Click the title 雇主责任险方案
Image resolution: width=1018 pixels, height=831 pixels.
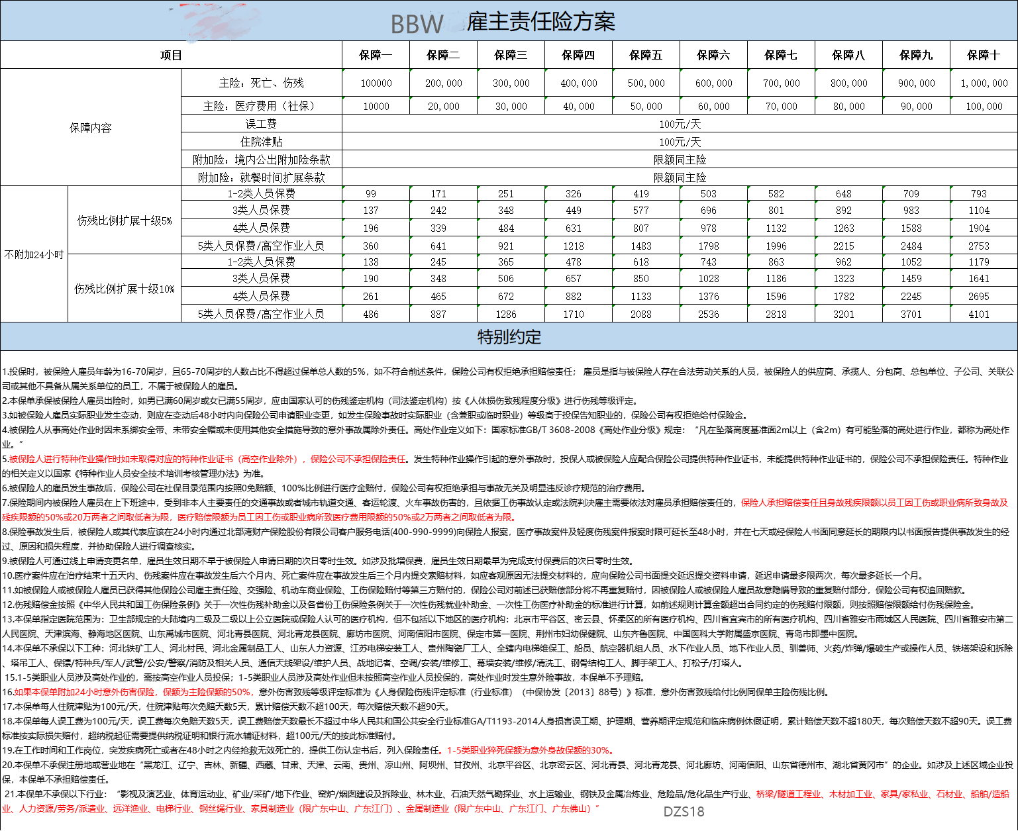540,22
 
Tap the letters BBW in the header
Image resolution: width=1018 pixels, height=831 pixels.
417,24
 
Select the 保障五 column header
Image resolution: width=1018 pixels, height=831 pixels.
646,55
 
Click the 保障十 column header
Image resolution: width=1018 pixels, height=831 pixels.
984,55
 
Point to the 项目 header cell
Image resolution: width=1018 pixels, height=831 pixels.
171,55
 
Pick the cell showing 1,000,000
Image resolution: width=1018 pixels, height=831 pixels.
984,83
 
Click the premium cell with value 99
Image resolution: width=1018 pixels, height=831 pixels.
371,194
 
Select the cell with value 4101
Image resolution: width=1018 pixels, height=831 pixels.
979,315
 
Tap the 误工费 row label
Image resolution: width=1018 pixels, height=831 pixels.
261,124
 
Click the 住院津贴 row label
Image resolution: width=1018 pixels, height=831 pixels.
261,142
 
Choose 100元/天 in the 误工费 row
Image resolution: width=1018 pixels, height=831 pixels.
680,124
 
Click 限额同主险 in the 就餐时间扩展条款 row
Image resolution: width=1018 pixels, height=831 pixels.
680,177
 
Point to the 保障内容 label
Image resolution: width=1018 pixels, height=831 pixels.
91,128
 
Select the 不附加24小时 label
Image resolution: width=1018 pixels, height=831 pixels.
34,254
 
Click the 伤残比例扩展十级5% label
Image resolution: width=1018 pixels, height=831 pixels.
125,220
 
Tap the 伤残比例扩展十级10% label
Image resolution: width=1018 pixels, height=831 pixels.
125,289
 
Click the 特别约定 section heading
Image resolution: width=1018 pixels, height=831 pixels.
509,337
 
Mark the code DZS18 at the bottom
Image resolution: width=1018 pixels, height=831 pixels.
684,811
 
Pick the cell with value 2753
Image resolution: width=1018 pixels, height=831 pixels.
979,246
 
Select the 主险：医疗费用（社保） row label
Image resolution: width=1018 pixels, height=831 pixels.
261,106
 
